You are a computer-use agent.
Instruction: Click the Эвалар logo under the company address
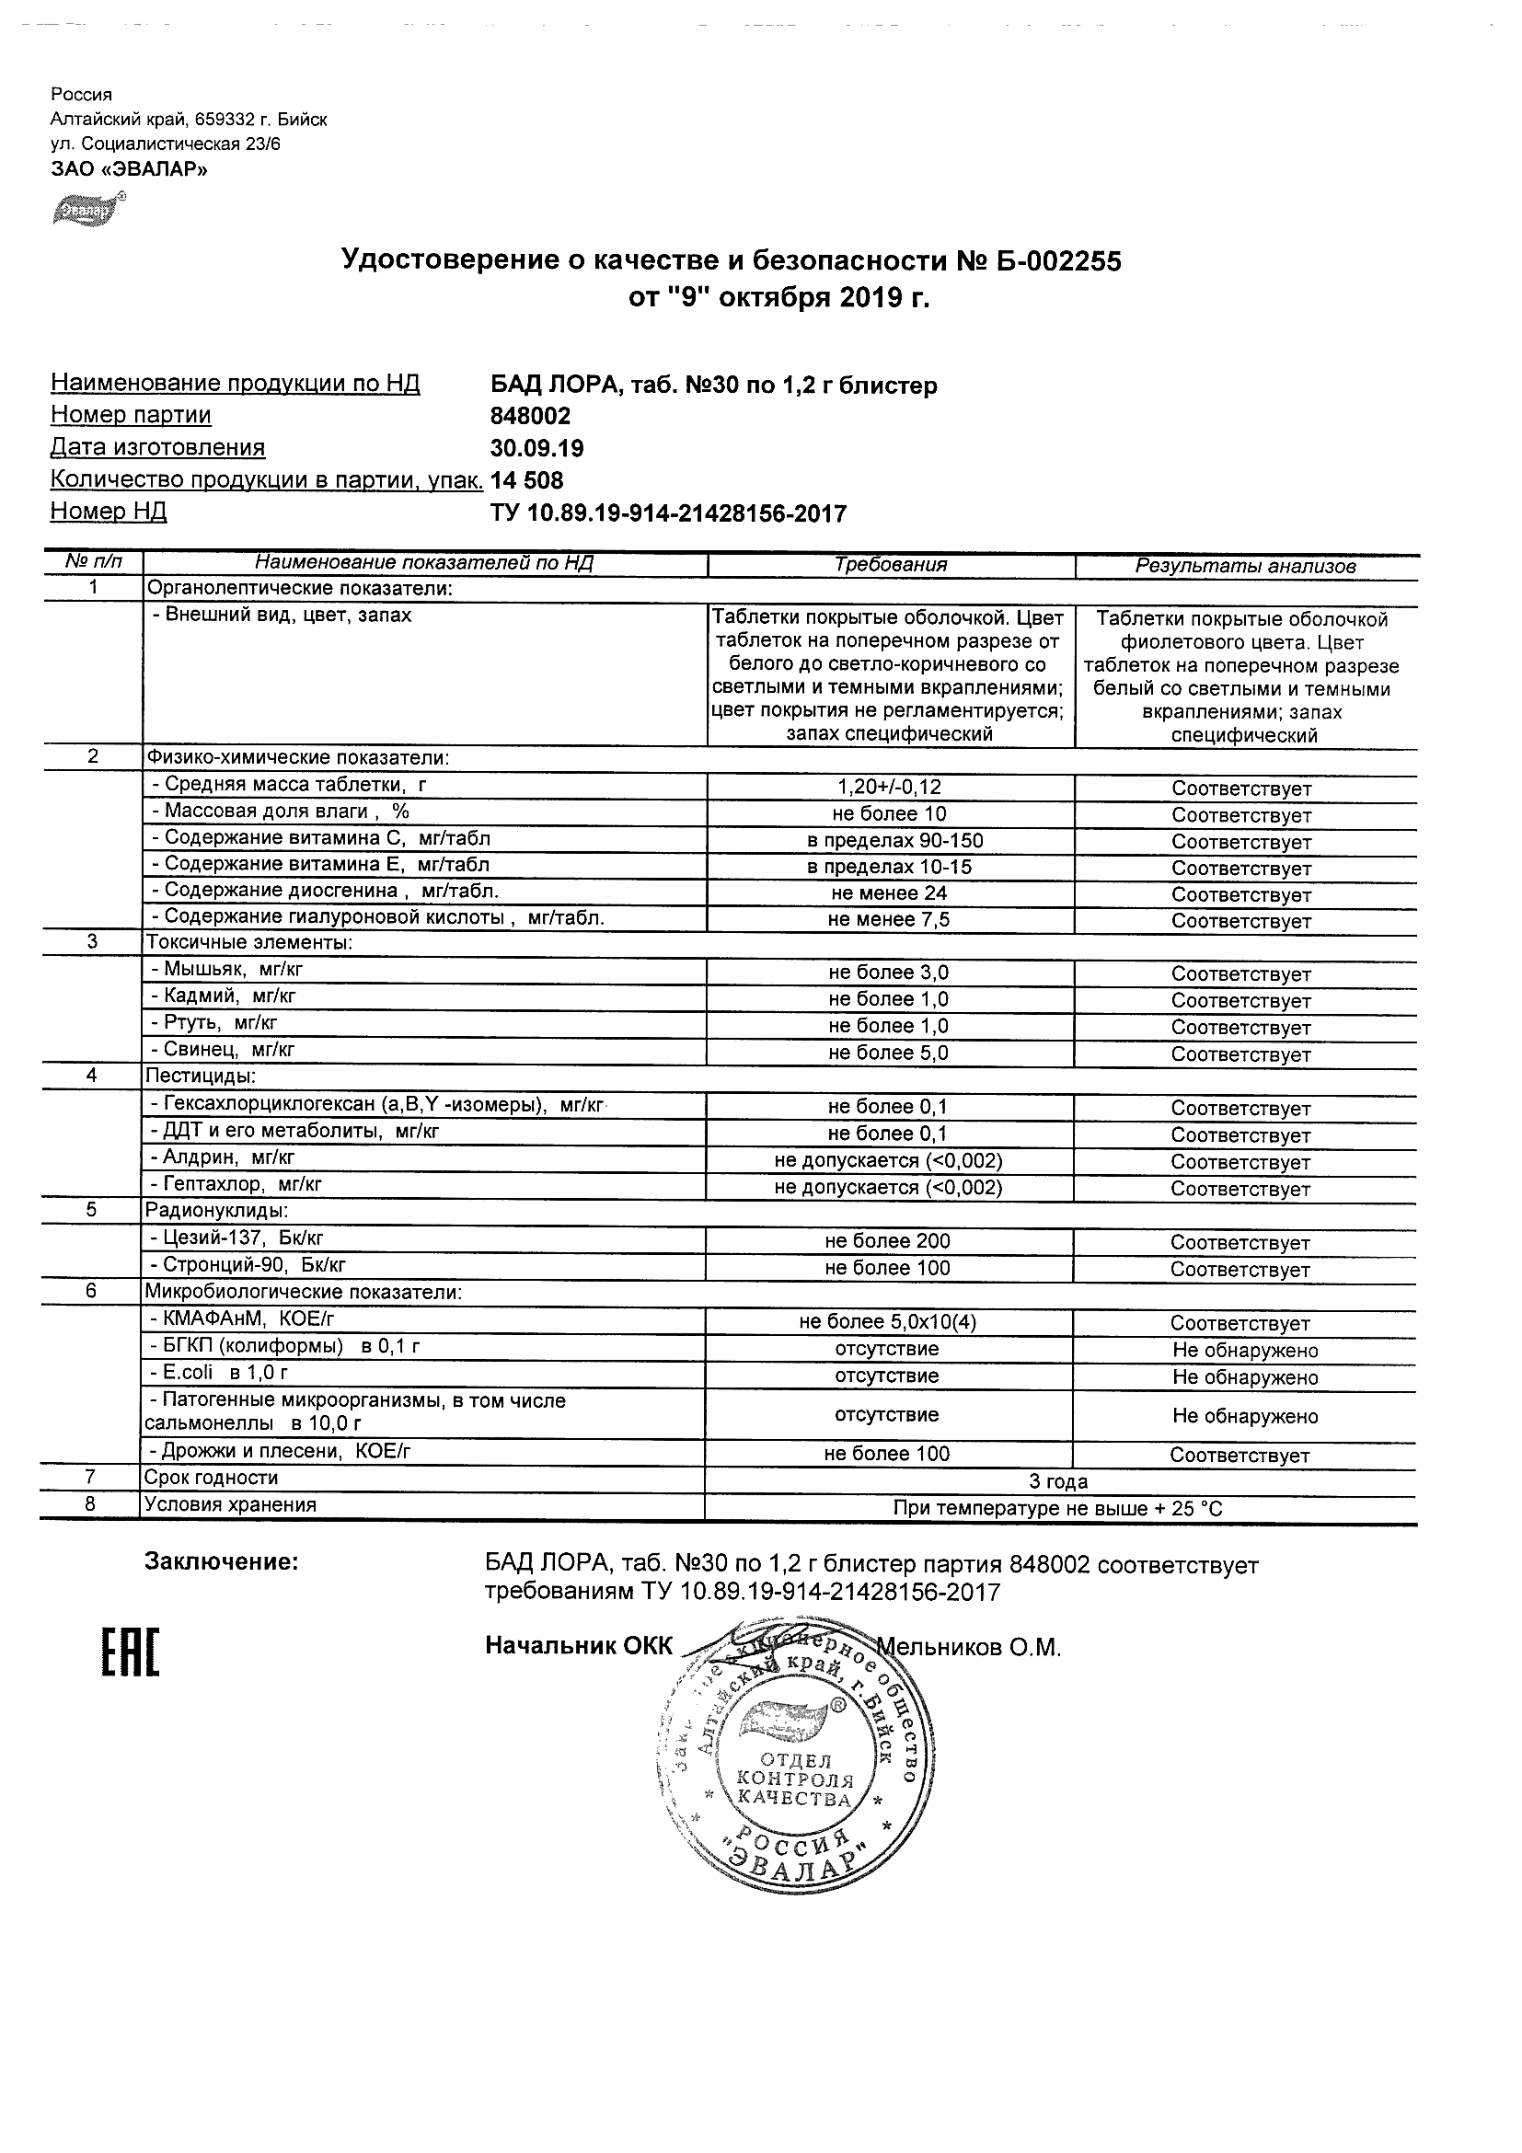(88, 210)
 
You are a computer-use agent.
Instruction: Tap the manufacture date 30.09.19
(536, 448)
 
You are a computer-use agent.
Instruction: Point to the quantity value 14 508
(527, 481)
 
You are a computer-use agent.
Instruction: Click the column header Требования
(890, 565)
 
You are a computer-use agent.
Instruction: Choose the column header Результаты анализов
(1244, 567)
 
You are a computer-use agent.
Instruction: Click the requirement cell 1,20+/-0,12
(888, 788)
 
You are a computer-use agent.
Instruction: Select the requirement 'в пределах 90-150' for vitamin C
(888, 840)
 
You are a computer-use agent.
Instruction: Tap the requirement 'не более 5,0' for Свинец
(888, 1053)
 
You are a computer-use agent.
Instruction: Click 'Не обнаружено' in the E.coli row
(1244, 1377)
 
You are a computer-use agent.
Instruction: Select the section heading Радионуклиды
(215, 1211)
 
